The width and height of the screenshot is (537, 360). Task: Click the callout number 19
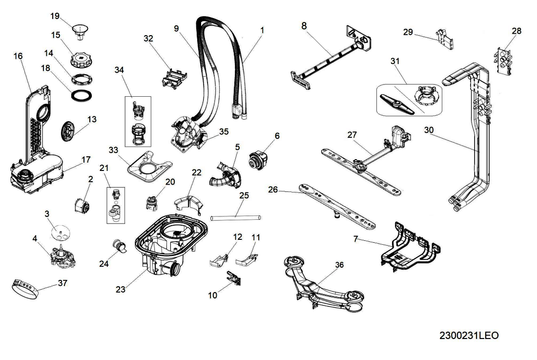pyautogui.click(x=55, y=16)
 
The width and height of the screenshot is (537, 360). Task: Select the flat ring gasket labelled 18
pyautogui.click(x=80, y=95)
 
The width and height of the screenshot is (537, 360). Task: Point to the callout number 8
pyautogui.click(x=304, y=25)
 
